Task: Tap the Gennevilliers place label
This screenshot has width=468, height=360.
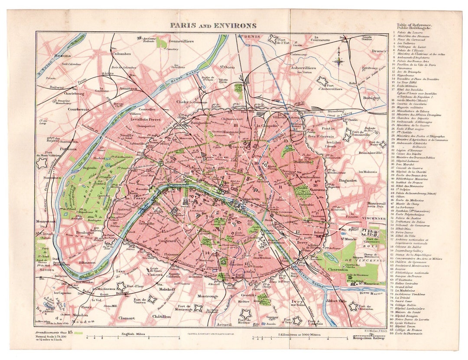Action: point(181,41)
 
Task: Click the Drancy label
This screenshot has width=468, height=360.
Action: point(378,51)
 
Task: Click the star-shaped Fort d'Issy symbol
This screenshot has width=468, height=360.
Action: point(120,286)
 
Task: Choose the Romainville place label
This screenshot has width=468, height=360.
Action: point(369,153)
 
